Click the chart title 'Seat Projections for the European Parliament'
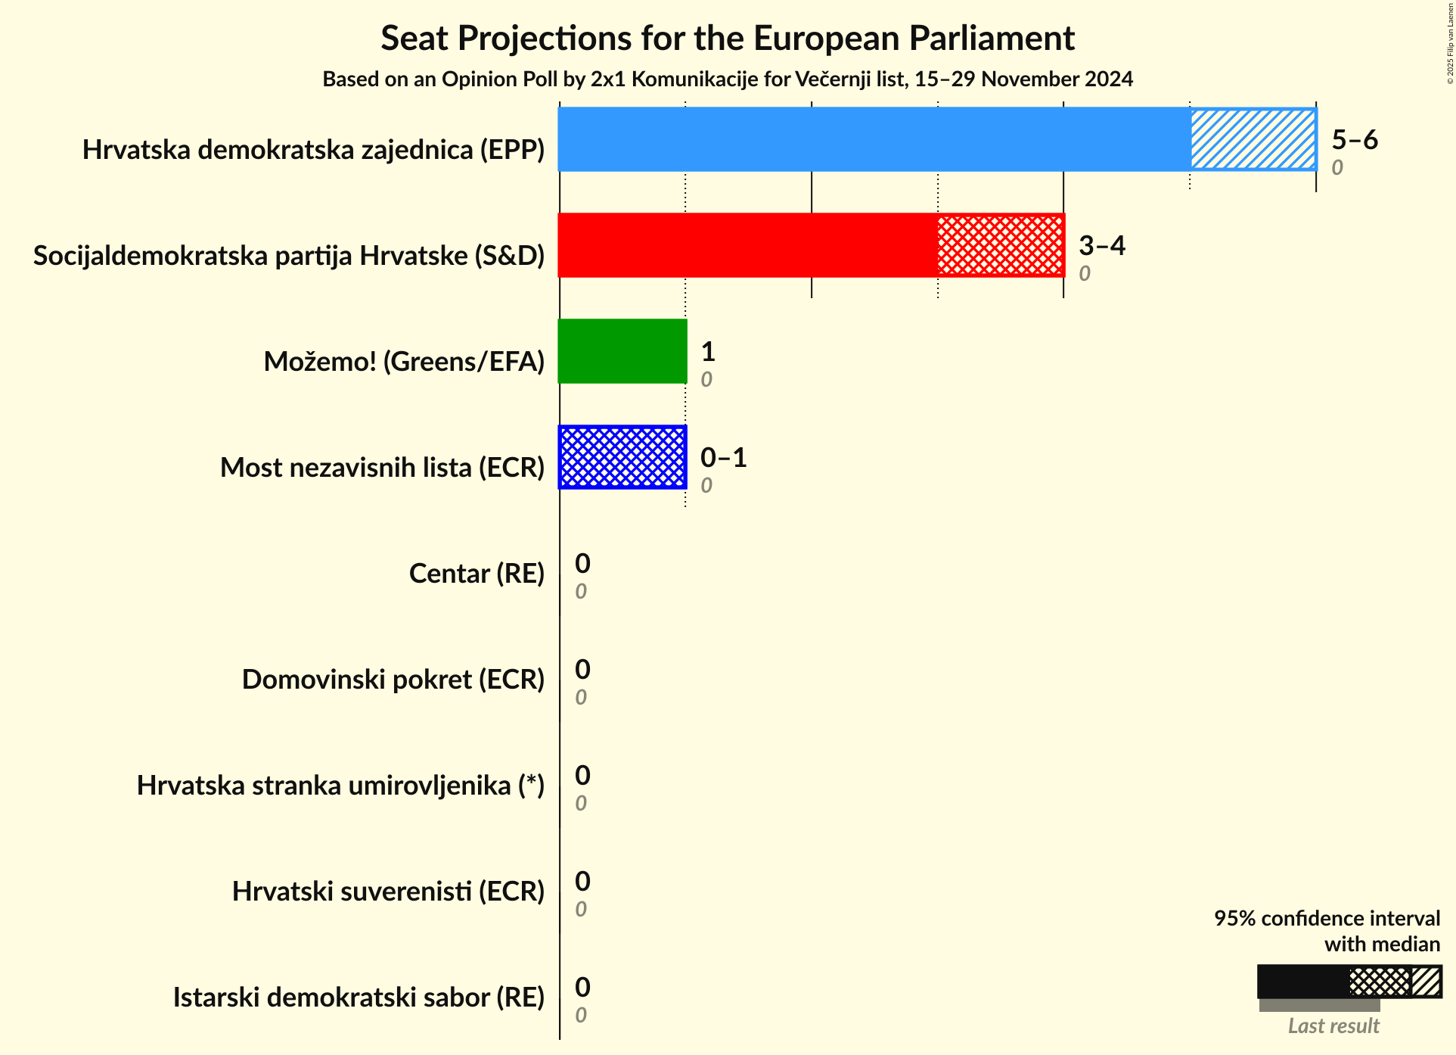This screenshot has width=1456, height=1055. pos(727,38)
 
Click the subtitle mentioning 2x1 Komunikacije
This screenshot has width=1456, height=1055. pos(727,79)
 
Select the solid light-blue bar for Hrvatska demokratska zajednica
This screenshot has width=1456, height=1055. pos(874,139)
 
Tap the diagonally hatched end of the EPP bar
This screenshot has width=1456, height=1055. pos(1253,139)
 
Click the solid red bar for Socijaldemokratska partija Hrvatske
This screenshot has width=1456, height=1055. pos(747,245)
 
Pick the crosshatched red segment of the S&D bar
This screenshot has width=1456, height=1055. pos(1000,245)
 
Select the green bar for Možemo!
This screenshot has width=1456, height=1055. pos(622,351)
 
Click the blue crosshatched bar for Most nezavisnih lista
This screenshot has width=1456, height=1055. pos(622,457)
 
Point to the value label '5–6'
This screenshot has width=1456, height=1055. pos(1354,140)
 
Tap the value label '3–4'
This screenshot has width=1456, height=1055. pos(1101,246)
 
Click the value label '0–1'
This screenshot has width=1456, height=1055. pos(723,458)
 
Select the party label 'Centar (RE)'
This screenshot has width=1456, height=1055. pos(477,574)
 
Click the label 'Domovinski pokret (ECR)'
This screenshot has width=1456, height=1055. pos(393,680)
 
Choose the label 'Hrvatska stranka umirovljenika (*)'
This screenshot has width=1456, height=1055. pos(340,786)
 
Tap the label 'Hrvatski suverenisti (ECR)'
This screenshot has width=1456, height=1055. pos(388,892)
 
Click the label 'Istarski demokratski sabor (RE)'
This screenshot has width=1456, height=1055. pos(359,997)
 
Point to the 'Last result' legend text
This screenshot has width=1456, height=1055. pos(1333,1026)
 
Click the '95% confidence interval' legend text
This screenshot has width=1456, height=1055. pos(1327,919)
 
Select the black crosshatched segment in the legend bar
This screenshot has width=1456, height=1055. pos(1380,982)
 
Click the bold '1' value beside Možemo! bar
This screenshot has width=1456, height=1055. pos(708,352)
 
